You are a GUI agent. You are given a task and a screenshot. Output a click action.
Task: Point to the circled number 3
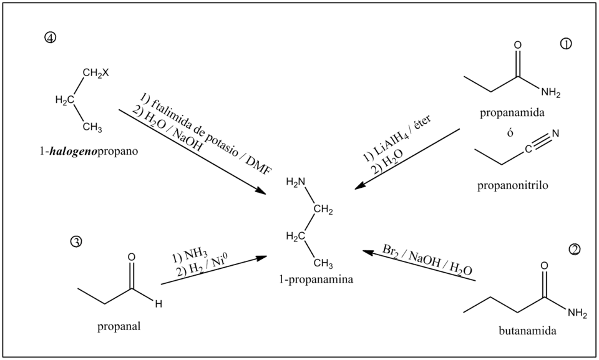coord(77,241)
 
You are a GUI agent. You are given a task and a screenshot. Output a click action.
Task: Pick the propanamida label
coord(514,114)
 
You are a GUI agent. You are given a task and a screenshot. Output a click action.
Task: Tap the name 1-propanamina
coord(318,280)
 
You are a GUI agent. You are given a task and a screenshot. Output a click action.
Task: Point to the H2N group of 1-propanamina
coord(296,183)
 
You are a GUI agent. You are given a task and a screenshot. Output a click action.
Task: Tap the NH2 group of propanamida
coord(552,94)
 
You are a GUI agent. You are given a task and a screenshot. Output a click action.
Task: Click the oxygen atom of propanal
coord(130,256)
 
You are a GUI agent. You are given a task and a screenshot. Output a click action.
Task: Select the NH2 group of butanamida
coord(576,313)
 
